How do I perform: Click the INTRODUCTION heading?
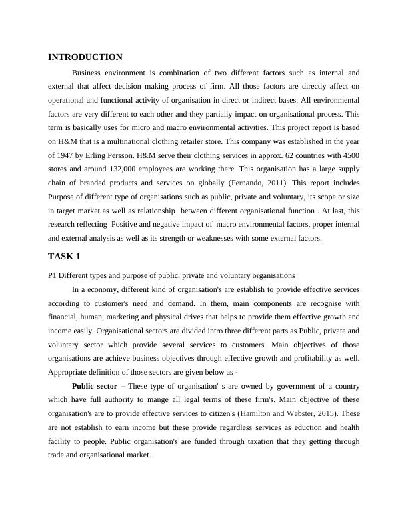pos(85,57)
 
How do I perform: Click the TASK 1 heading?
pos(66,257)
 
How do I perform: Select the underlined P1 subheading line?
pos(171,275)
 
